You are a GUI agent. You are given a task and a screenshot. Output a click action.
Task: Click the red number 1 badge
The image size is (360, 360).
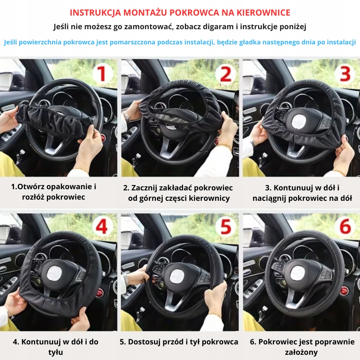point(102,74)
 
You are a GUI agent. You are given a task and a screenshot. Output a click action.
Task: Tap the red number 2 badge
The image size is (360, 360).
point(226,74)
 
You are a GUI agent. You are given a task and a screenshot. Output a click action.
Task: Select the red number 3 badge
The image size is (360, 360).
point(345,74)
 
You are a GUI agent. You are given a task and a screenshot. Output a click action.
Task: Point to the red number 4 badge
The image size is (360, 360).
point(102,227)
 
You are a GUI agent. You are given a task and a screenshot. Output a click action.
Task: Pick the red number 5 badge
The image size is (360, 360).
point(226,227)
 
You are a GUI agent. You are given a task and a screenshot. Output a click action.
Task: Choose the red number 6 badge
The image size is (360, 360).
point(345,227)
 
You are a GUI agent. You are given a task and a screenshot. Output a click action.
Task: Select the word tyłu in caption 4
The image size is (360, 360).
point(56,352)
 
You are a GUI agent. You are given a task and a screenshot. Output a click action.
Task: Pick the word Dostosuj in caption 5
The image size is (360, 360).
point(144,342)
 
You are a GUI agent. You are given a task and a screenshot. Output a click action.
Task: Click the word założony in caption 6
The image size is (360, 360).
point(301,352)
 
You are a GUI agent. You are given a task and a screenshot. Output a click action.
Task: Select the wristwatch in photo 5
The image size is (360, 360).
point(126,280)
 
